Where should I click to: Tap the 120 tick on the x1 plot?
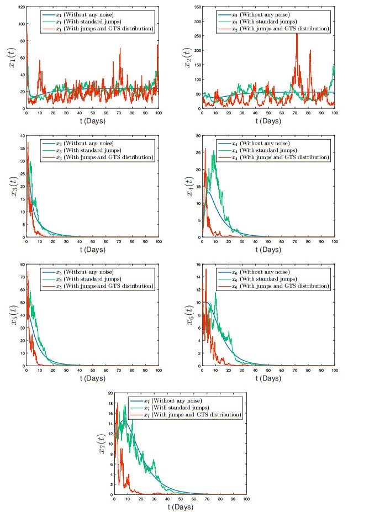click(20, 7)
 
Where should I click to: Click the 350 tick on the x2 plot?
click(196, 7)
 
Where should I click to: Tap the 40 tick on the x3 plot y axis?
click(22, 135)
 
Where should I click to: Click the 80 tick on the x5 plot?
click(22, 265)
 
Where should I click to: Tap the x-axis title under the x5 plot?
click(92, 378)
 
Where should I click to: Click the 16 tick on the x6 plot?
click(198, 265)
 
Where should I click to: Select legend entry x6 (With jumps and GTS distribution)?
click(273, 287)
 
